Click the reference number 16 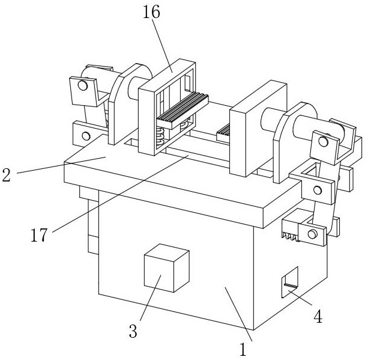pos(151,12)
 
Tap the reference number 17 pos(39,235)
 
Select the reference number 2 pos(7,175)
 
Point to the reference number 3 pos(133,331)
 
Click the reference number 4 pos(318,316)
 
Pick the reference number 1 pos(243,349)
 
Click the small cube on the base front pos(167,268)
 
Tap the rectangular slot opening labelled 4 pos(290,282)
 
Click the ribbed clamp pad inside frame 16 pos(182,111)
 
